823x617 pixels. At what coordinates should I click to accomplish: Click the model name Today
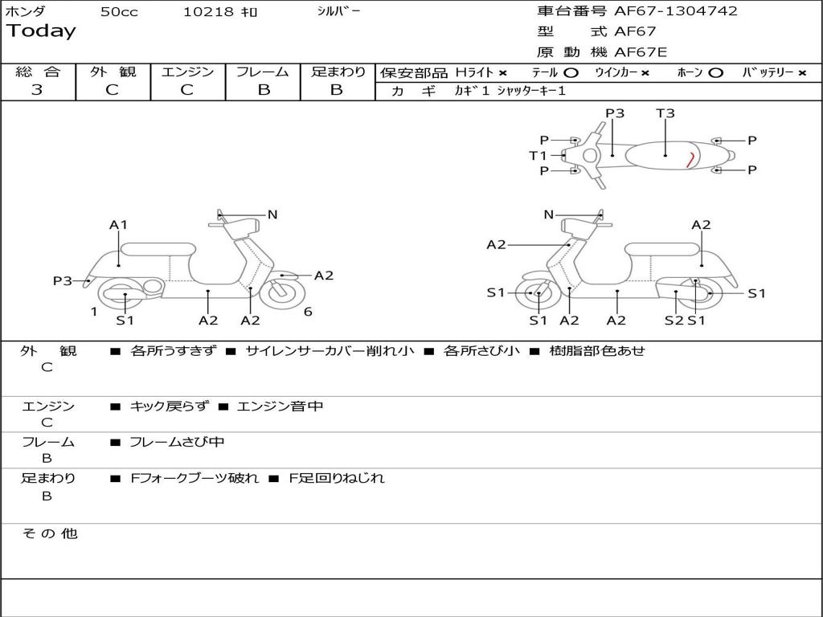(x=41, y=31)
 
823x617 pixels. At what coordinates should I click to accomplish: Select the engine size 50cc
(x=119, y=12)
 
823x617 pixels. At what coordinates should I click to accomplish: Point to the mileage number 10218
(x=209, y=12)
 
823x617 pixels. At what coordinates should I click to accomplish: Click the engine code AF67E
(x=641, y=53)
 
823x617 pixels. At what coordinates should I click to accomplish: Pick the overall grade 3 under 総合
(x=37, y=90)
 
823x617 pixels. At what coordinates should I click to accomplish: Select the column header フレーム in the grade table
(x=263, y=72)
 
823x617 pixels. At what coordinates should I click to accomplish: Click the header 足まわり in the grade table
(x=338, y=72)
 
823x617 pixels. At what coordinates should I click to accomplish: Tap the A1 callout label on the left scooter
(x=119, y=225)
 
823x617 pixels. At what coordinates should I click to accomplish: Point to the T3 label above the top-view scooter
(x=665, y=113)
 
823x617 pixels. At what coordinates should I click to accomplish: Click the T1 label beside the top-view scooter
(x=538, y=155)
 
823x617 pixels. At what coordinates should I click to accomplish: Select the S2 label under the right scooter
(x=674, y=321)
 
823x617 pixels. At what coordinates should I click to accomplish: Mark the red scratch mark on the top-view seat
(x=690, y=159)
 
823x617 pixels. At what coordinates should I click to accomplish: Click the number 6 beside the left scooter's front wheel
(x=308, y=312)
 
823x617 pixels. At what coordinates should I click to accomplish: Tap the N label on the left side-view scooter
(x=272, y=215)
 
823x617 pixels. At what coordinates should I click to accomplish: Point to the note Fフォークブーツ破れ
(x=194, y=478)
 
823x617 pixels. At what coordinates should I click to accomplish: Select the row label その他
(x=50, y=533)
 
